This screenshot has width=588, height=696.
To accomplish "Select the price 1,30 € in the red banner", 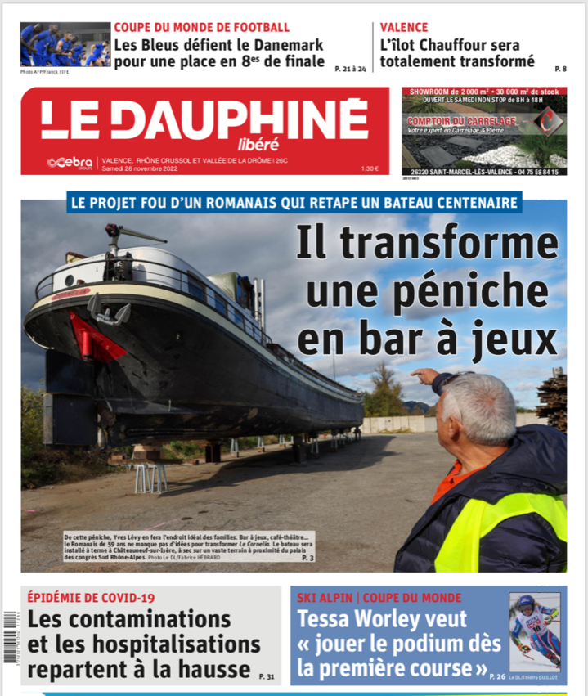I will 370,168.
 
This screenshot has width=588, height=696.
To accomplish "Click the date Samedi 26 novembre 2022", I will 134,168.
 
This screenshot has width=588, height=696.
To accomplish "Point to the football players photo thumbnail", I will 65,44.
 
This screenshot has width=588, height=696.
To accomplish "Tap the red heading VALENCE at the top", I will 404,27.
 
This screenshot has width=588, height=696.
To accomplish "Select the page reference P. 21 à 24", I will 350,70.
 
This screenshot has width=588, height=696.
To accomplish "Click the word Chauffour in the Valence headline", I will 460,45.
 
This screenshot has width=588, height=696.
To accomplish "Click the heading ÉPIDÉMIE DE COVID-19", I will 91,597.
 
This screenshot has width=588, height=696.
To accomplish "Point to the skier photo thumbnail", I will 535,631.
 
